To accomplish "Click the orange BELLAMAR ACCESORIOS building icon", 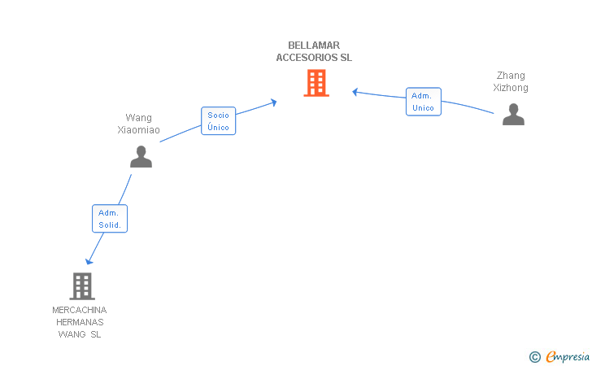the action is tap(316, 83).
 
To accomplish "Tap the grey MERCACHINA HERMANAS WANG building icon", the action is tap(82, 286).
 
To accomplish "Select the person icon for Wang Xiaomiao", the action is tap(141, 156).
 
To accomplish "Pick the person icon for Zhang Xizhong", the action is tap(513, 114).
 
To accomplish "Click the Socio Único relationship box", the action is tap(218, 121).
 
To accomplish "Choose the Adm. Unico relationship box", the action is tap(423, 102).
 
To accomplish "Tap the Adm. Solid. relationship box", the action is tap(110, 218).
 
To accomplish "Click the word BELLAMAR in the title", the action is tap(314, 46).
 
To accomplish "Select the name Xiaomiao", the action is tap(138, 130).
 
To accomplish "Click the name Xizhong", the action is tap(511, 88).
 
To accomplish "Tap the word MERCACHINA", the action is tap(80, 310).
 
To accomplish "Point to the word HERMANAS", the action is tap(80, 322).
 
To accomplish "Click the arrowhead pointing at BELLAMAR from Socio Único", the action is tap(274, 102).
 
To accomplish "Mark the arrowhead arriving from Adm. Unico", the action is tap(355, 92).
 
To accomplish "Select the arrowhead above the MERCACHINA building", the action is tap(89, 261).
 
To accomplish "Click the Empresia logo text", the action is tap(568, 356).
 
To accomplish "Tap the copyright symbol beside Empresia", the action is tap(534, 357).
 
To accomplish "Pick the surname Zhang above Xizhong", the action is tap(511, 76).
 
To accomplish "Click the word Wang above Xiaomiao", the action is tap(138, 118).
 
